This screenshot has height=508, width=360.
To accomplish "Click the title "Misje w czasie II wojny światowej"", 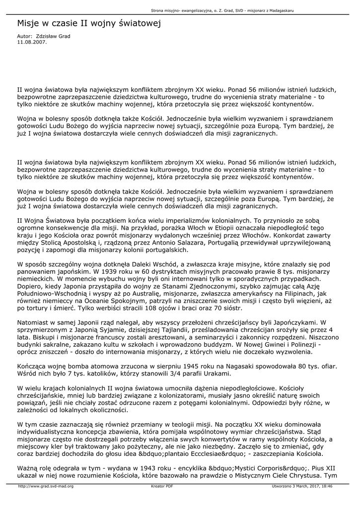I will point(89,23).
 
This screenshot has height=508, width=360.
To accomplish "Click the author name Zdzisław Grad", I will point(55,37).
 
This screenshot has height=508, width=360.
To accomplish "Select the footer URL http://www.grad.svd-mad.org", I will point(46,486).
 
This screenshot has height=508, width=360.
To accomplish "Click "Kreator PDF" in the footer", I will point(162,486).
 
